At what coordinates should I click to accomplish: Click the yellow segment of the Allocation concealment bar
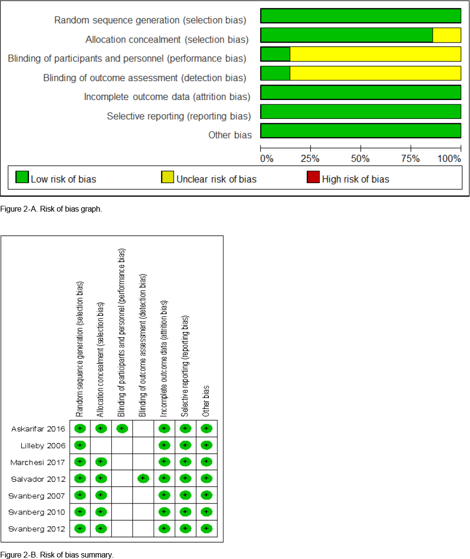coord(446,35)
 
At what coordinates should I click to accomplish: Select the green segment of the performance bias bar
coord(275,54)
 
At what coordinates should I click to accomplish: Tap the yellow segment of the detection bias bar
coord(375,73)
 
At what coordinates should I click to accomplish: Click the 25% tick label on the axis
coord(310,158)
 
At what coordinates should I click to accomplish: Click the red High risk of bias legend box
coord(313,177)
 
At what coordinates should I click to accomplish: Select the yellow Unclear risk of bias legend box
coord(167,177)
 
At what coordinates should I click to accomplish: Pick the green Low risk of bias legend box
coord(22,177)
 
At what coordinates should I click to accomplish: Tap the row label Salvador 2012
coord(38,479)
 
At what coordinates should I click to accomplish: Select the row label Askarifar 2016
coord(38,429)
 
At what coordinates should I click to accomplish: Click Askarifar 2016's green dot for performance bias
coord(122,429)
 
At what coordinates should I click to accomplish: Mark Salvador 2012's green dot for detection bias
coord(143,479)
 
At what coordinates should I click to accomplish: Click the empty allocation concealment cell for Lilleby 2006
coord(101,445)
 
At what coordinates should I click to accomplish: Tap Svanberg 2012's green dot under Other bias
coord(206,529)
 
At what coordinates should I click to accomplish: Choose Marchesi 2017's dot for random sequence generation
coord(80,462)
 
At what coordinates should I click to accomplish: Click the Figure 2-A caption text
coord(51,209)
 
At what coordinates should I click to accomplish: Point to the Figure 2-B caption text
coord(57,555)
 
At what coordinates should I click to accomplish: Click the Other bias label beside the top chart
coord(230,135)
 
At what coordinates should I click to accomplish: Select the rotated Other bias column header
coord(206,401)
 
